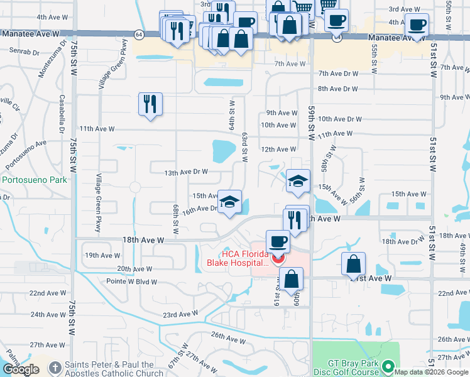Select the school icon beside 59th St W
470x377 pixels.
click(x=298, y=181)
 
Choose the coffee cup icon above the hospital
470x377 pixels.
click(x=277, y=241)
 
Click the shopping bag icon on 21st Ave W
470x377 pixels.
click(x=354, y=264)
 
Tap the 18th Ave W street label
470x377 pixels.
click(x=143, y=240)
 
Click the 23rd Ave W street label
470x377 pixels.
click(x=180, y=314)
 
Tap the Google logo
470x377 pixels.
click(x=21, y=369)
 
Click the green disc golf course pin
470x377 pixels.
click(x=389, y=366)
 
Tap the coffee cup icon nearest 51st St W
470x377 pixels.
click(x=417, y=25)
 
